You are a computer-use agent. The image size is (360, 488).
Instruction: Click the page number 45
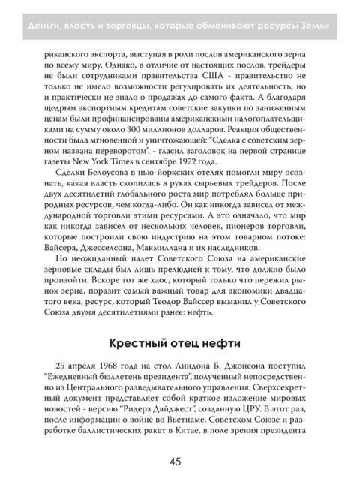coord(179,462)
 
